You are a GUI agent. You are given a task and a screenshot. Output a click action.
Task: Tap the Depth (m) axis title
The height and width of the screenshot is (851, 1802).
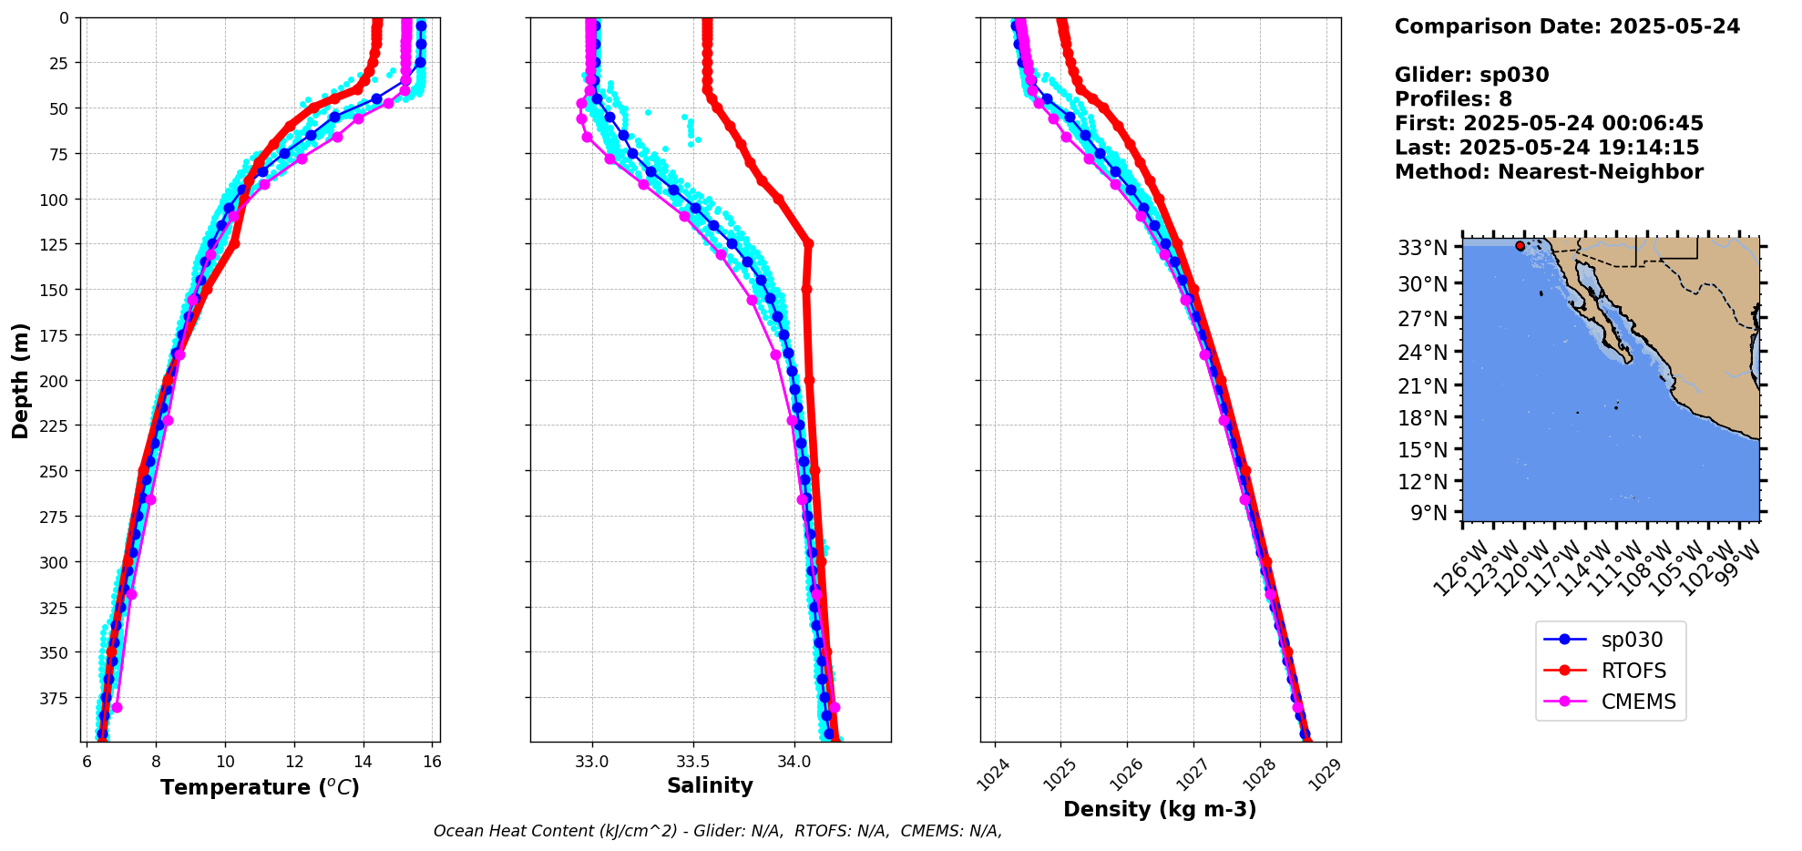coord(20,380)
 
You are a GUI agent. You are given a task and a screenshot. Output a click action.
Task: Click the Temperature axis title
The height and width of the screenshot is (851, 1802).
coord(260,787)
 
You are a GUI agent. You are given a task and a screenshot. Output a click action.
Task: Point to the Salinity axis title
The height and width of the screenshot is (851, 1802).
coord(710,786)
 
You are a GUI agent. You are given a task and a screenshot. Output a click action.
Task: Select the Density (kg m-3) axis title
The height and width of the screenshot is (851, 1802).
coord(1159,809)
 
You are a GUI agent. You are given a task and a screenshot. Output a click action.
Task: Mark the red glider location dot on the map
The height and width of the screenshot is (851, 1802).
coord(1520,246)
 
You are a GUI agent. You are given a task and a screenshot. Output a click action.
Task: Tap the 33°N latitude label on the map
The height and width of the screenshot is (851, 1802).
coord(1423,248)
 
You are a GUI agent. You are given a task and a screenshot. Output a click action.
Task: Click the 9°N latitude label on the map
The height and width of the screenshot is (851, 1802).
coord(1428,513)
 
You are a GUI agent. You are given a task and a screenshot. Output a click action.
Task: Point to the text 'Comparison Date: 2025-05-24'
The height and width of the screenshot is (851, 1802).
coord(1567,26)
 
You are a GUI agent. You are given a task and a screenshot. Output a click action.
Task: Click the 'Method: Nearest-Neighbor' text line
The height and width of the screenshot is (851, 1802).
coord(1549,172)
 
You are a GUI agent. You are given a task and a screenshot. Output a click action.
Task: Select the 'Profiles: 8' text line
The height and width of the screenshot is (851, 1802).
coord(1453,99)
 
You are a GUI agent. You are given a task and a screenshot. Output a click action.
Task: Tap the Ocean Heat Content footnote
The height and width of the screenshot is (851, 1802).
coord(717,831)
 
